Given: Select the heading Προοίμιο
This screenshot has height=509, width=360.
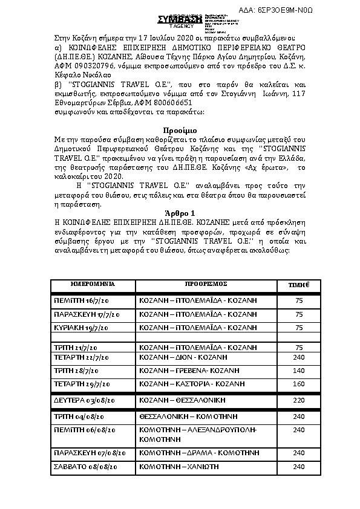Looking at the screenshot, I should pyautogui.click(x=180, y=131).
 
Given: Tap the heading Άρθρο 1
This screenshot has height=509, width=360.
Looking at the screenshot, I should pyautogui.click(x=180, y=213).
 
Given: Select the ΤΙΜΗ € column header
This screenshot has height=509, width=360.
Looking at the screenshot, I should pyautogui.click(x=298, y=284).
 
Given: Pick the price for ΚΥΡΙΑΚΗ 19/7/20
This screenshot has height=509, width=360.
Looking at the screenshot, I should pyautogui.click(x=298, y=328).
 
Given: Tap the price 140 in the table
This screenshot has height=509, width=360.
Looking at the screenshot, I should pyautogui.click(x=298, y=371).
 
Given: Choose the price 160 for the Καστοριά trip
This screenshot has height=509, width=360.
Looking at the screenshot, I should pyautogui.click(x=298, y=384).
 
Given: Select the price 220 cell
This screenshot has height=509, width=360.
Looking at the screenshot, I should pyautogui.click(x=298, y=400).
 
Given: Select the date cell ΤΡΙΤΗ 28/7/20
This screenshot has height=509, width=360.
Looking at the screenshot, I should pyautogui.click(x=76, y=371).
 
